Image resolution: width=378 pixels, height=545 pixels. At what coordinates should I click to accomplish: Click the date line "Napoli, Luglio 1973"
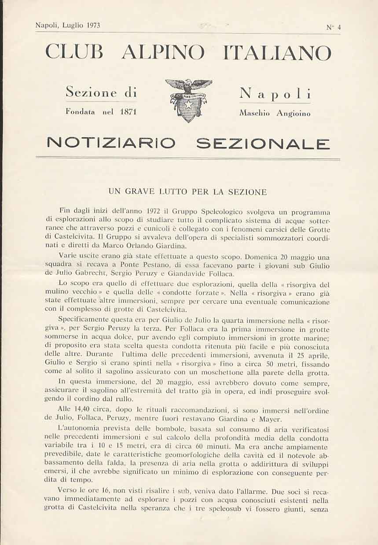coord(68,26)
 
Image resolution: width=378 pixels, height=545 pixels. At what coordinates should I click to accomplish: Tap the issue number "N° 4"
coord(334,27)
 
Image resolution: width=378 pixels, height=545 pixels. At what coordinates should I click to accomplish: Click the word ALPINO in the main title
coord(163,53)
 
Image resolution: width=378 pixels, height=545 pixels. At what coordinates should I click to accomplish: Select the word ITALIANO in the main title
coord(277,53)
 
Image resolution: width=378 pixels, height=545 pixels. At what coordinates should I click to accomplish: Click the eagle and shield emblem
coord(188,100)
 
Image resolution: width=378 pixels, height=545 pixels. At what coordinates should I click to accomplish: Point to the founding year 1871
coord(128,112)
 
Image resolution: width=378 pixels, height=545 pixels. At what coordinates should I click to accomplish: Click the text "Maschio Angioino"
coord(275,113)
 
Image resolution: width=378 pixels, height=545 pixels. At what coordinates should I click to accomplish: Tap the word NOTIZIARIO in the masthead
coord(111,143)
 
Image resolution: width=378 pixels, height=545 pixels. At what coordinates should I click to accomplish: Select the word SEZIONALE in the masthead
coord(263,143)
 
